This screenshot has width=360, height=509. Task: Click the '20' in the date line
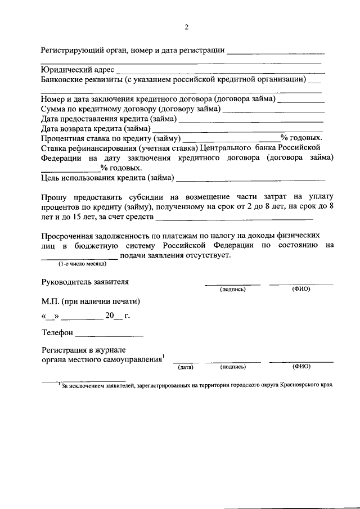point(117,316)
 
